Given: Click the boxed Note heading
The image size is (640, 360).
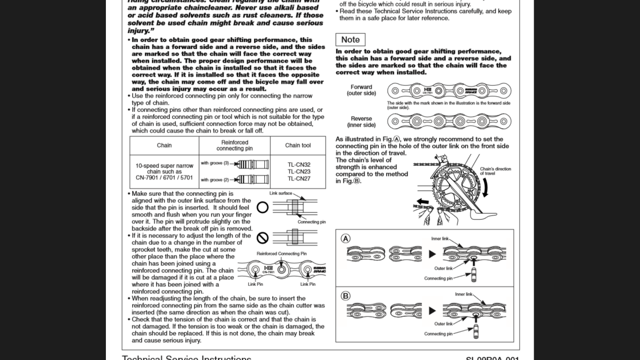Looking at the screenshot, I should (x=350, y=40).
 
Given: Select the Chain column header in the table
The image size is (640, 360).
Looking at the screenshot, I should (x=164, y=145).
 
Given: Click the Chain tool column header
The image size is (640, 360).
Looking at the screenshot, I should (x=298, y=145).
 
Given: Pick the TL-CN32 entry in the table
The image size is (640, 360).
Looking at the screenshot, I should (x=299, y=165).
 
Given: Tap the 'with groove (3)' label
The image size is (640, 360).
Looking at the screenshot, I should (x=215, y=163).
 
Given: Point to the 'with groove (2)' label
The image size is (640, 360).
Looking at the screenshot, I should (x=215, y=180).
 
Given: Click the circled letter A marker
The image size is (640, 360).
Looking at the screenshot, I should (x=345, y=239).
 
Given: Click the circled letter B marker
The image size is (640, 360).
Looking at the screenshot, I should (x=345, y=296).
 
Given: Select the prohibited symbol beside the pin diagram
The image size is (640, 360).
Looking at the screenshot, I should (x=262, y=238).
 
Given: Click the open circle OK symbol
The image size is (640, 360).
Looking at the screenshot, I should (x=262, y=207).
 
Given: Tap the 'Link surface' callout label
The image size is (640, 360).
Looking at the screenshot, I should (x=281, y=193).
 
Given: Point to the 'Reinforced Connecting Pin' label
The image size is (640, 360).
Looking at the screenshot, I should (x=282, y=254).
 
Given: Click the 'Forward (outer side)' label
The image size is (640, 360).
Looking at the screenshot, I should (x=361, y=90).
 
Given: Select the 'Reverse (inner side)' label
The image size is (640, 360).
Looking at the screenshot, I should (x=361, y=122).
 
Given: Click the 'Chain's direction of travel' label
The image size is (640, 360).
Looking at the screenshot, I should (x=495, y=171).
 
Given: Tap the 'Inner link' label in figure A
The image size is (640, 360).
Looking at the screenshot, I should (x=440, y=239).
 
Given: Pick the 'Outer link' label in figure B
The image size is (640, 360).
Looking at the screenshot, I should (x=443, y=324).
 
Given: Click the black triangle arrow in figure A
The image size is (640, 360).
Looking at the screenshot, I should (x=432, y=254).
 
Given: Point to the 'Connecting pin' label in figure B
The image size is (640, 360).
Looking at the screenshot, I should (x=438, y=334).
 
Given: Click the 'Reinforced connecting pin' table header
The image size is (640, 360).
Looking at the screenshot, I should (x=234, y=145).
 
